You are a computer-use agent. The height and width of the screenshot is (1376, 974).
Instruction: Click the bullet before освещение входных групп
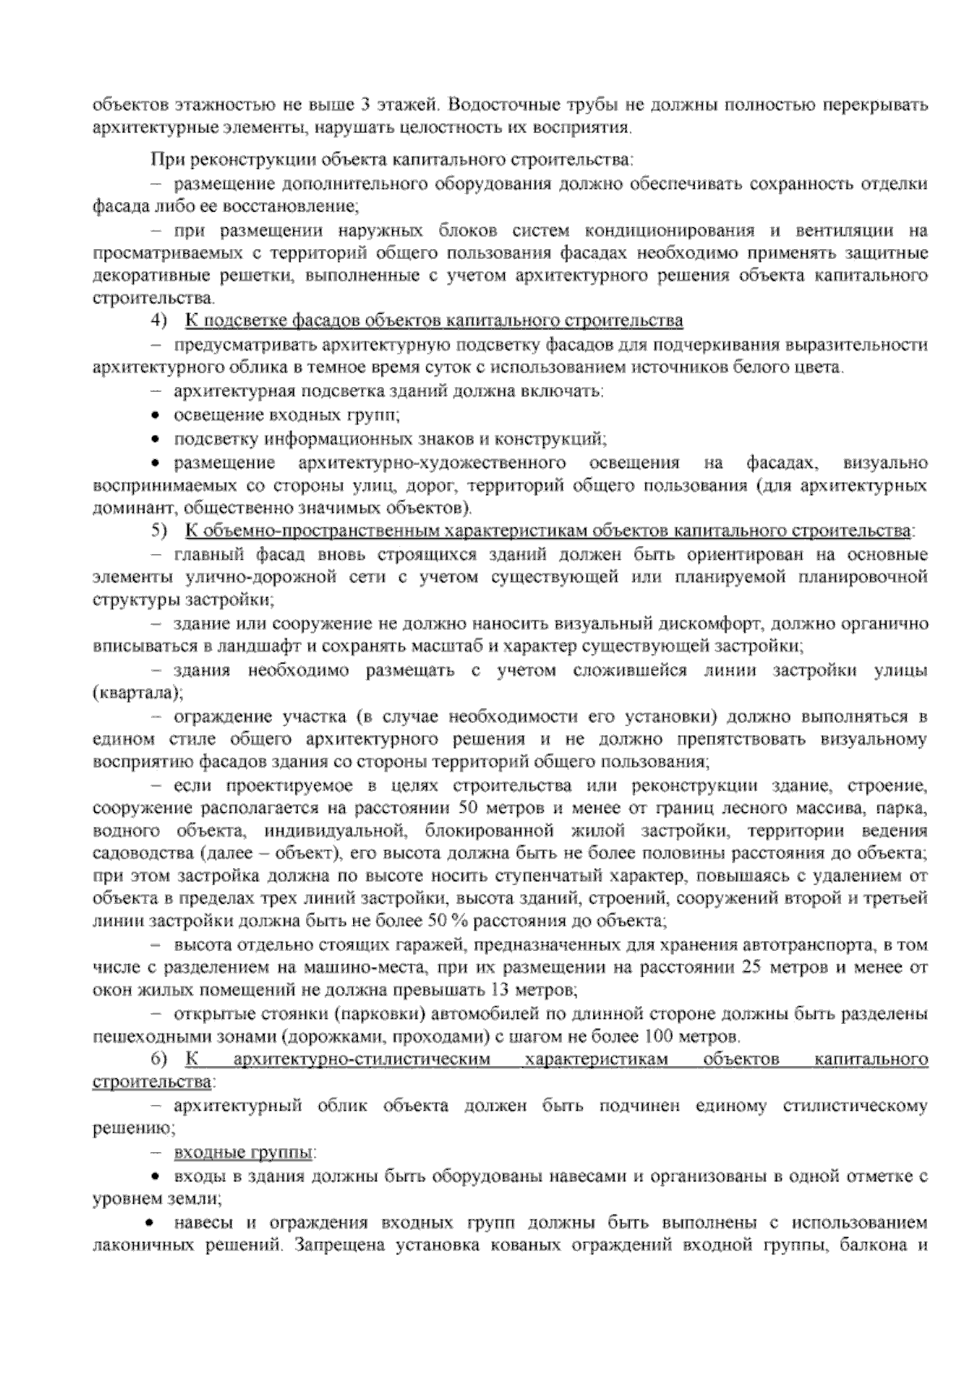pyautogui.click(x=155, y=415)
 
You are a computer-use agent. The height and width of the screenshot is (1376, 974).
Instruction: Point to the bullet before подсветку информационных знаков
pyautogui.click(x=155, y=439)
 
